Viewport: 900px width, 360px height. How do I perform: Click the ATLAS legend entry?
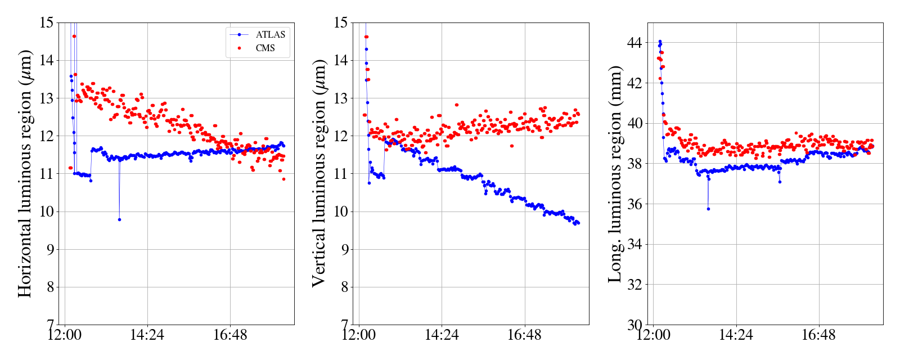270,35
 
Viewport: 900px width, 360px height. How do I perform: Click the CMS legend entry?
265,48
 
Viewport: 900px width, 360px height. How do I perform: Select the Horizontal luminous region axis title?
25,173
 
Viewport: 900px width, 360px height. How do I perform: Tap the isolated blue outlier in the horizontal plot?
119,219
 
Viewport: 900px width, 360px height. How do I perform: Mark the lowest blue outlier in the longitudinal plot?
708,209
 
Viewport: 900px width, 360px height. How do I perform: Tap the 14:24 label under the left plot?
147,336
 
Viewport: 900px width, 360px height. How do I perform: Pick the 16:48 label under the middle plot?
524,336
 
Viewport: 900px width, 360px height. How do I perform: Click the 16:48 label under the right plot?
818,336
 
